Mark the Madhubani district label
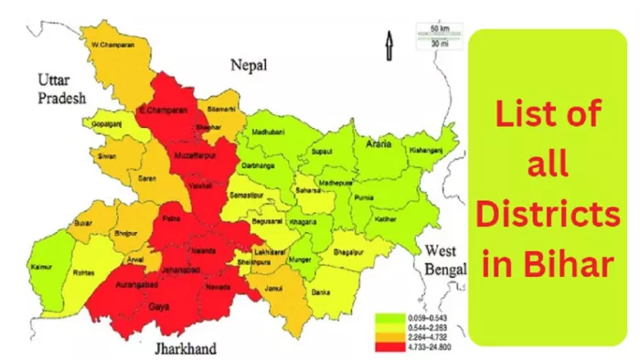(x=272, y=132)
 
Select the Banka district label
(x=321, y=292)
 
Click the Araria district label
(x=378, y=143)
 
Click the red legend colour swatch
(x=384, y=345)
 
